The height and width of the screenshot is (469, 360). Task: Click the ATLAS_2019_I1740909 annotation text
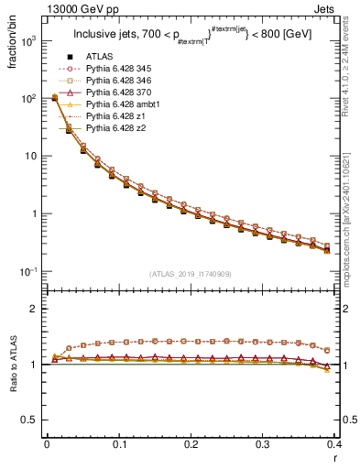(191, 274)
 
